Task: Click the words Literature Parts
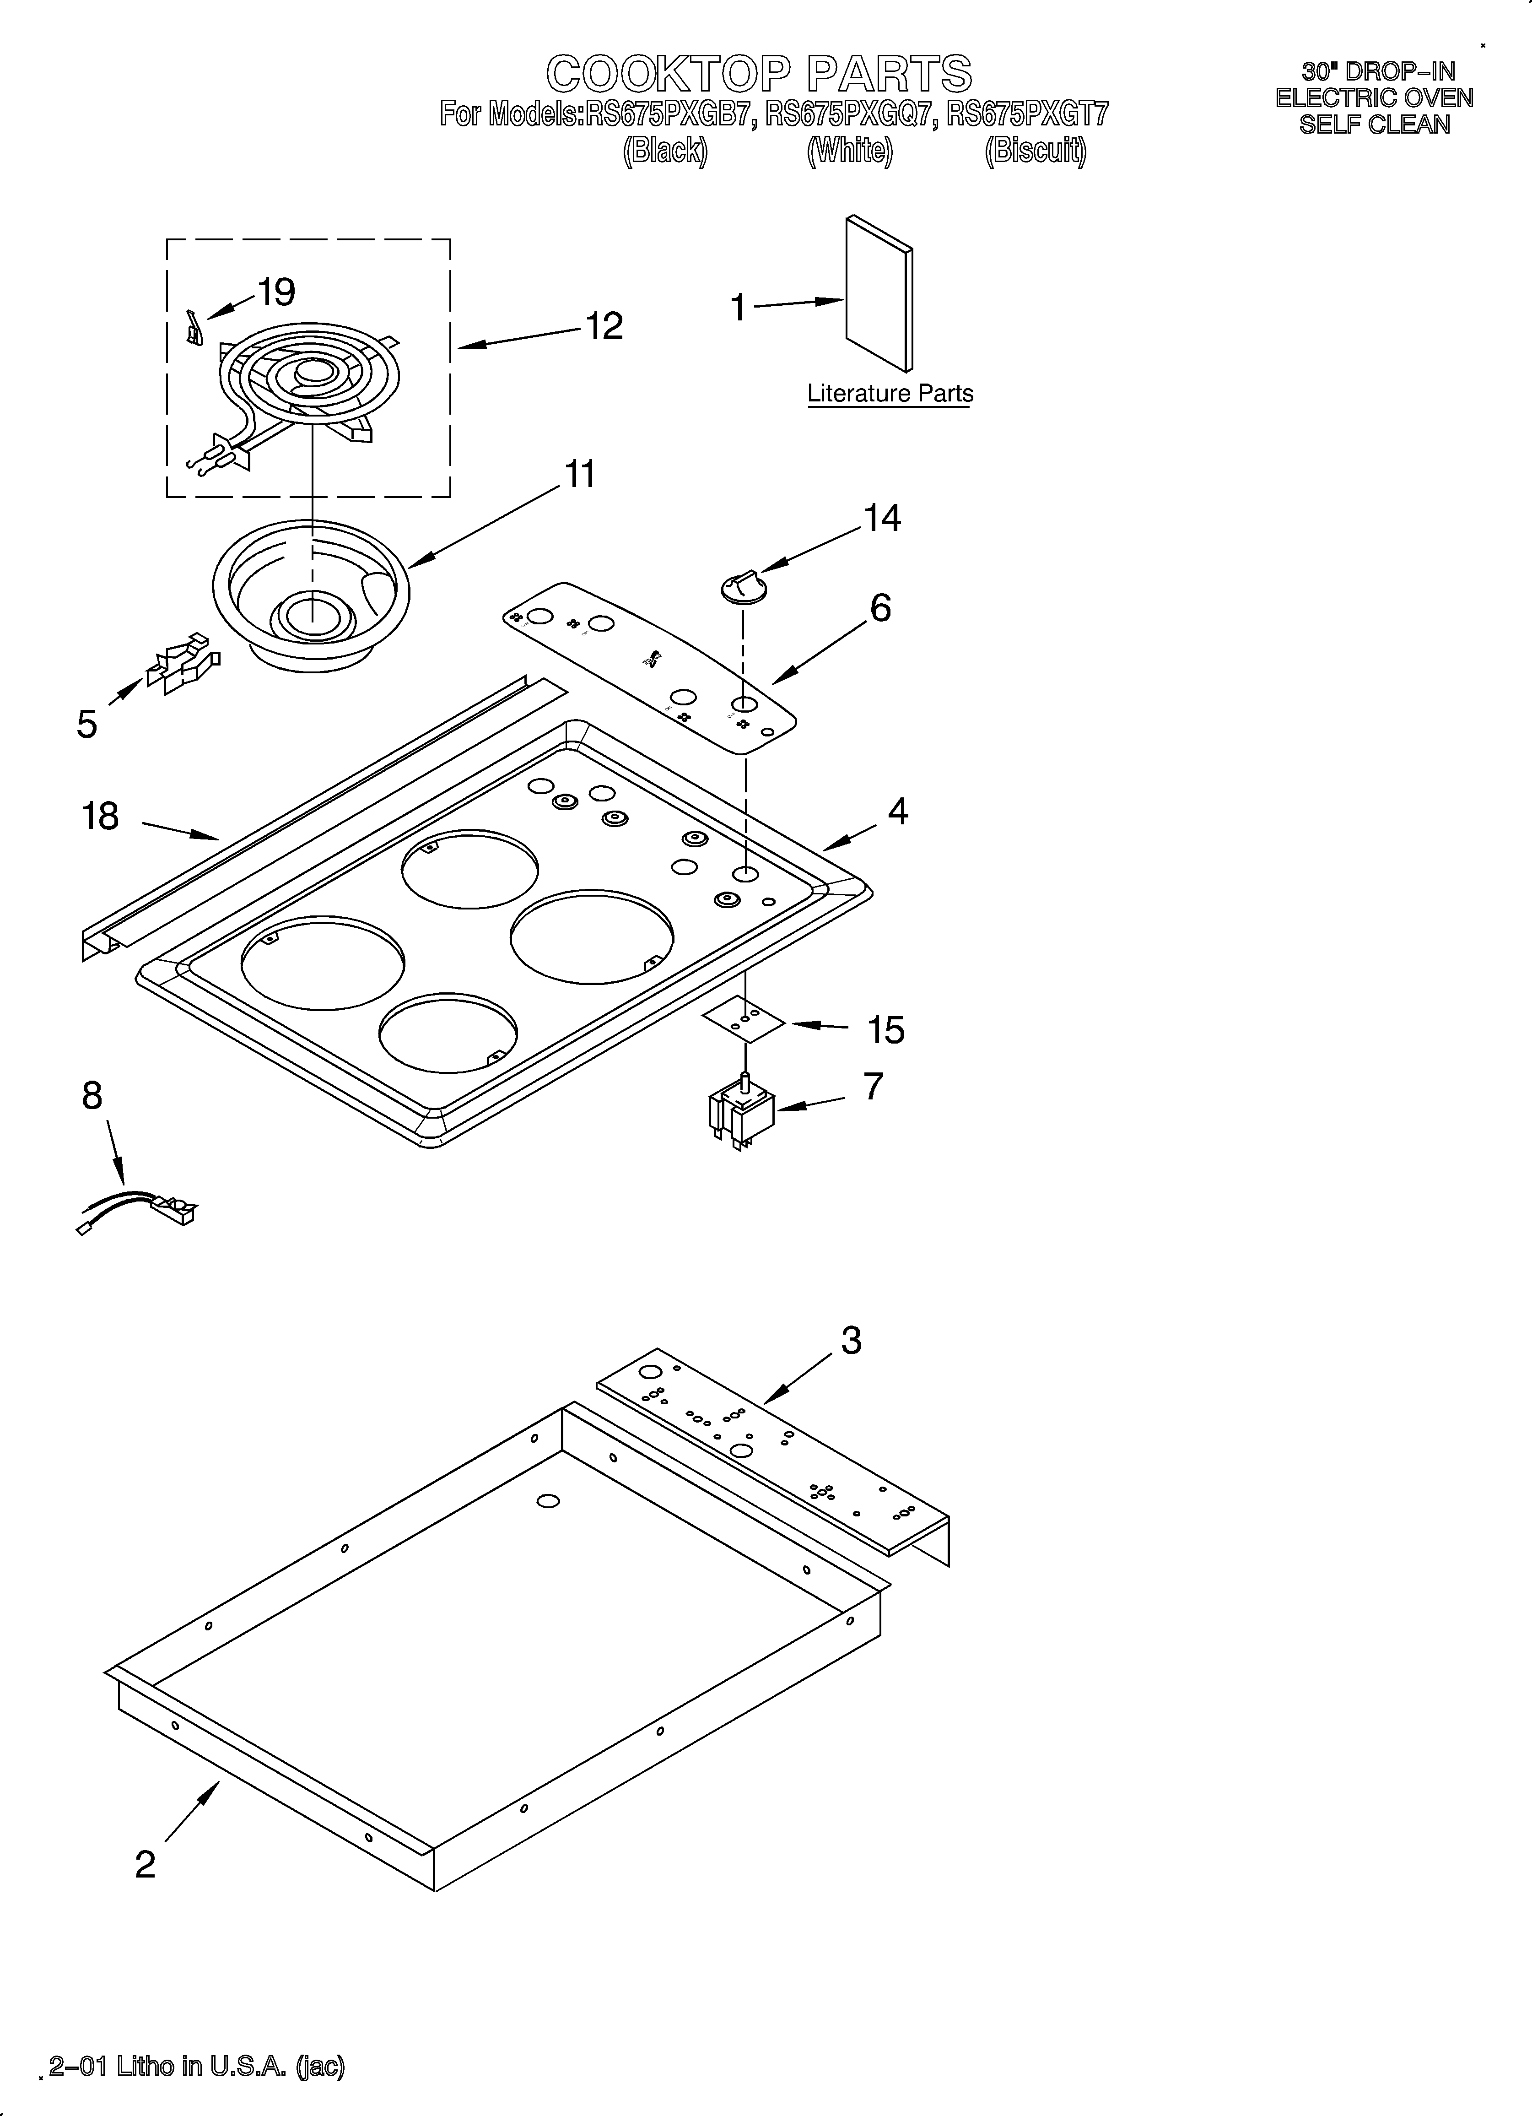tap(890, 394)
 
